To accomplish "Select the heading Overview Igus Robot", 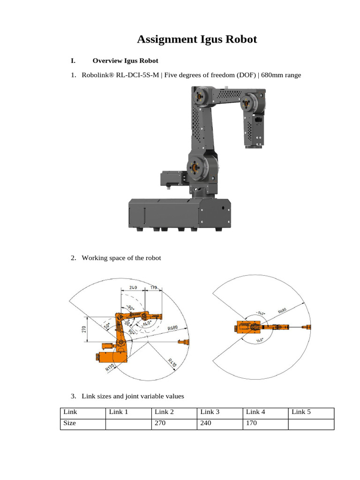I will (x=125, y=60).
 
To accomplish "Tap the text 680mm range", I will (x=281, y=75).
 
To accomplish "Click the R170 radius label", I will (x=111, y=365).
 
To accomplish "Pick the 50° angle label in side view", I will (x=107, y=325).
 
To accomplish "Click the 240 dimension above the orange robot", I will (x=133, y=287).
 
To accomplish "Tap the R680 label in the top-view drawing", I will (x=282, y=310).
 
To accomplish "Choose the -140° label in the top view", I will (x=261, y=313).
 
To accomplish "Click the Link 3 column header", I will (x=210, y=412).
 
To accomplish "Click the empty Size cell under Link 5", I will (x=310, y=424).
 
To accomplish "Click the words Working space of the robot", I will (x=121, y=258).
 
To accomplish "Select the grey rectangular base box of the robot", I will (x=179, y=213).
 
